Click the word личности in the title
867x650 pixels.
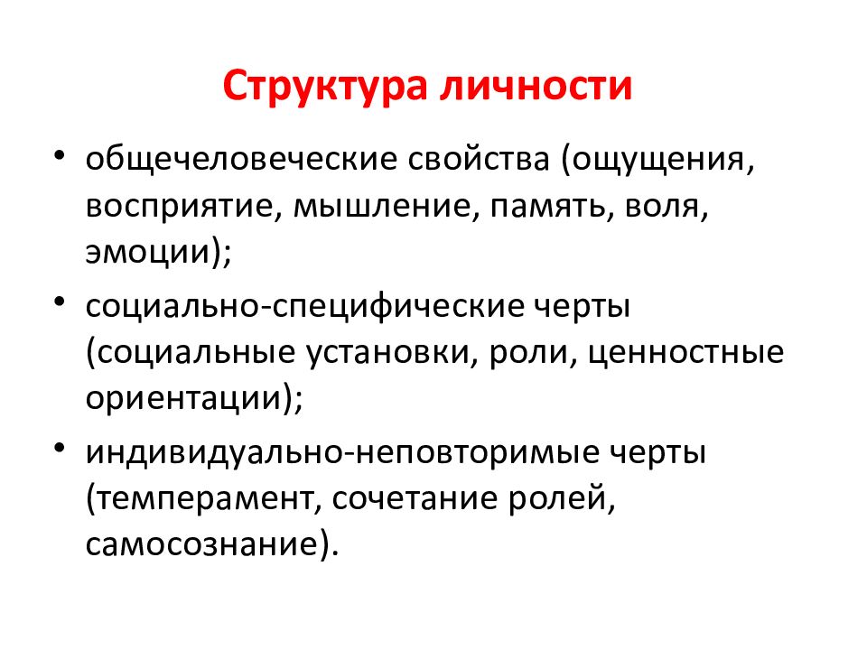(536, 88)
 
